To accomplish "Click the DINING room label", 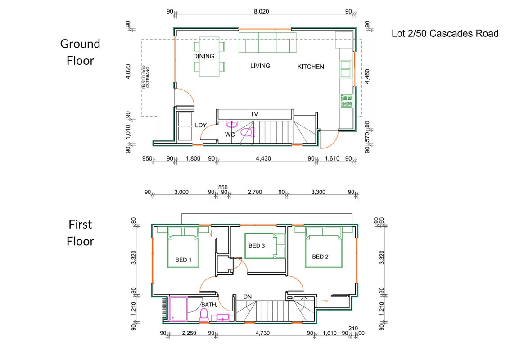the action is pyautogui.click(x=203, y=56).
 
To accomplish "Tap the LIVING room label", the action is pyautogui.click(x=260, y=66).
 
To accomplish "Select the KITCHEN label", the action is pyautogui.click(x=311, y=67).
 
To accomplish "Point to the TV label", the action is pyautogui.click(x=254, y=114).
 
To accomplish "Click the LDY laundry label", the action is pyautogui.click(x=201, y=125).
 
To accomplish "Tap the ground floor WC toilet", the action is pyautogui.click(x=248, y=132).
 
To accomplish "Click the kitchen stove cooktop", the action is pyautogui.click(x=347, y=101).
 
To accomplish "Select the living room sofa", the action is pyautogui.click(x=267, y=42).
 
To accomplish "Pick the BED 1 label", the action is pyautogui.click(x=183, y=260).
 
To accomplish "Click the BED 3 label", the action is pyautogui.click(x=257, y=246).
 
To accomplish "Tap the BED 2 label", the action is pyautogui.click(x=320, y=257).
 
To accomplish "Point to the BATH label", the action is pyautogui.click(x=209, y=305).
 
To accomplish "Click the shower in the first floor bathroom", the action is pyautogui.click(x=178, y=309).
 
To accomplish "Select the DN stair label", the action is pyautogui.click(x=248, y=297).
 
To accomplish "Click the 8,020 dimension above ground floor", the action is pyautogui.click(x=262, y=11).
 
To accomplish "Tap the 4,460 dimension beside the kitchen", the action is pyautogui.click(x=367, y=76).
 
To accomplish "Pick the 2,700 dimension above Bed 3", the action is pyautogui.click(x=255, y=192).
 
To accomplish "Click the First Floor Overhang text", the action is pyautogui.click(x=146, y=77).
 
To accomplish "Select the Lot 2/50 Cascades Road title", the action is pyautogui.click(x=445, y=34).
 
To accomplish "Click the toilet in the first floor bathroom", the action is pyautogui.click(x=204, y=315).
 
